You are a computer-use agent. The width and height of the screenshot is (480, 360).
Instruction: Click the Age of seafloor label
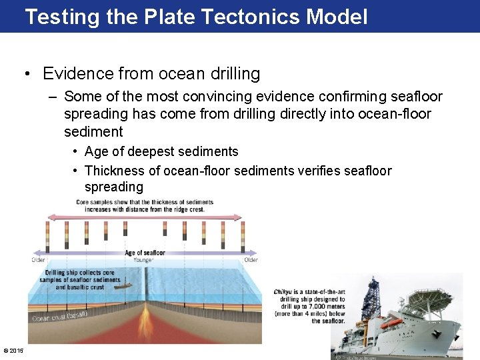pyautogui.click(x=145, y=253)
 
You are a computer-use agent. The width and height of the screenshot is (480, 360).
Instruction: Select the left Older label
pyautogui.click(x=39, y=260)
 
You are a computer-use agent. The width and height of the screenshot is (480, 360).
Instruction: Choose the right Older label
pyautogui.click(x=251, y=260)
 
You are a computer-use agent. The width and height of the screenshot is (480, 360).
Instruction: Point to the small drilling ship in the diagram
pyautogui.click(x=111, y=281)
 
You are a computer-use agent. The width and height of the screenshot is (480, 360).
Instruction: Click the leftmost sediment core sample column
pyautogui.click(x=47, y=234)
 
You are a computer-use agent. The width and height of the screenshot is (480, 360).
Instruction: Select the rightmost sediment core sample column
pyautogui.click(x=242, y=234)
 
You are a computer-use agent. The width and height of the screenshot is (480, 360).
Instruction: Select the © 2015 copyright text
pyautogui.click(x=13, y=351)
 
